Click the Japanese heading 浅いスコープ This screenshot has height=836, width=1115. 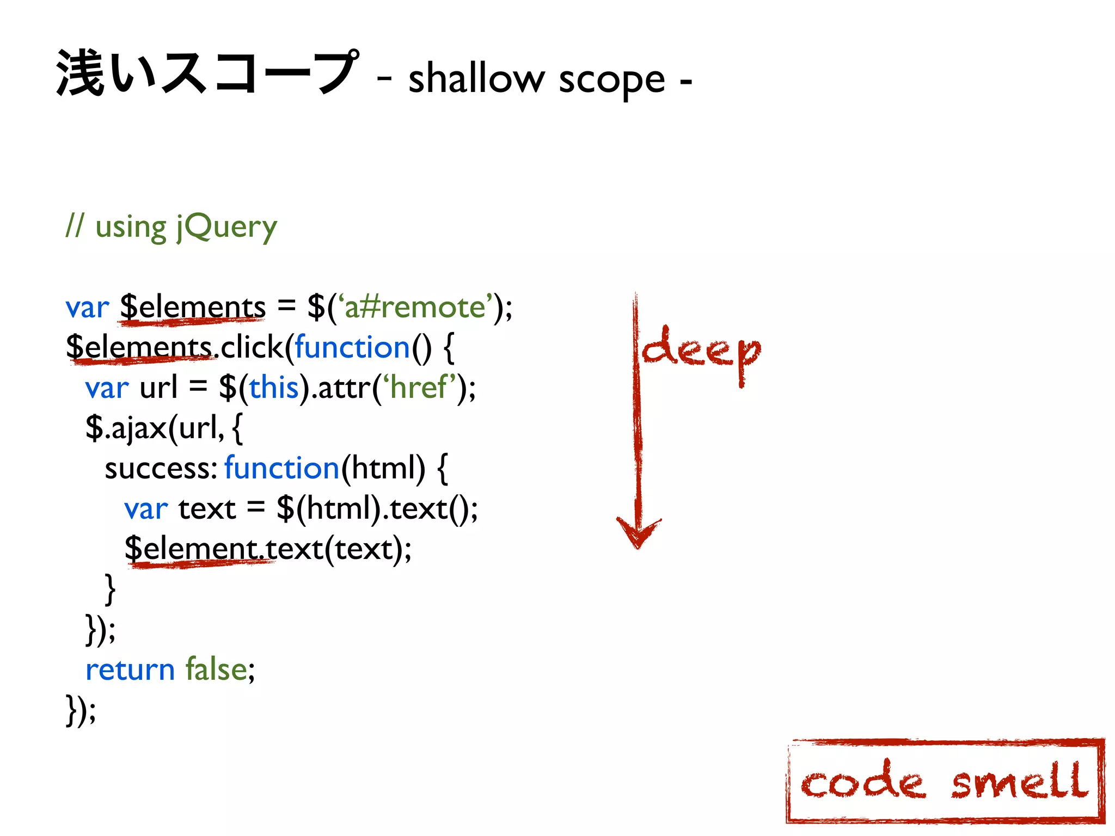207,73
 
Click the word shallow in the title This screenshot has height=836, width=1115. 476,79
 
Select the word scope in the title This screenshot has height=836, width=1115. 611,81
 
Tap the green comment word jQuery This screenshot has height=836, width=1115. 226,228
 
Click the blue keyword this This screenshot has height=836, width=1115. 274,388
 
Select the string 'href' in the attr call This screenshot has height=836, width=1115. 419,388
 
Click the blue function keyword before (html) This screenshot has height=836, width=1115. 282,468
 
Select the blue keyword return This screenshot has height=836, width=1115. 130,669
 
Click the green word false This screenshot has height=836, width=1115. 217,669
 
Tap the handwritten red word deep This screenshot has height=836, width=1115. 701,352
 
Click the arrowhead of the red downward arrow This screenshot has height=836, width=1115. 638,533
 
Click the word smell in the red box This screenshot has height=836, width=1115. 1019,782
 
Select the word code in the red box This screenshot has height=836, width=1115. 862,782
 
